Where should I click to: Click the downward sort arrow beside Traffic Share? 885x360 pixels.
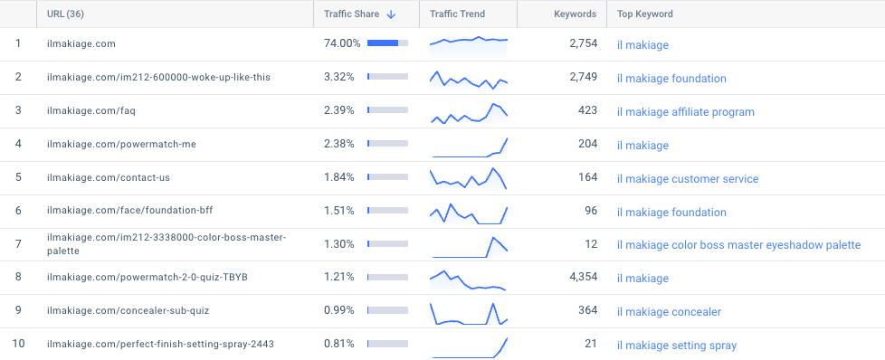tap(391, 14)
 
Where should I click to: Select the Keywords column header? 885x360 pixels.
tap(575, 14)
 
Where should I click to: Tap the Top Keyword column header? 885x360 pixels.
tap(644, 14)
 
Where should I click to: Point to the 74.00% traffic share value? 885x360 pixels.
tap(342, 43)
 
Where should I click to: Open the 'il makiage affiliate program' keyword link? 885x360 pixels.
tap(685, 112)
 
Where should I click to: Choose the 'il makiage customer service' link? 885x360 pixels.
tap(687, 179)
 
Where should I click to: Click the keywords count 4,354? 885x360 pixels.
tap(583, 278)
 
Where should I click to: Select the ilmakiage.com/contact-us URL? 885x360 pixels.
tap(108, 178)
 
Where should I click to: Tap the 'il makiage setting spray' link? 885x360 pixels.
tap(676, 346)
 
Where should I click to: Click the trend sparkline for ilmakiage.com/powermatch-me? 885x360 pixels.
tap(469, 146)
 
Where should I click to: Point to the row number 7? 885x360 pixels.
tap(18, 245)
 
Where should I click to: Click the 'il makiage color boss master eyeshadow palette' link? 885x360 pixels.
tap(738, 245)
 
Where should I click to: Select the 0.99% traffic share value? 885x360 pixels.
tap(339, 311)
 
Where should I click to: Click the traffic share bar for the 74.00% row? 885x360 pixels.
tap(387, 43)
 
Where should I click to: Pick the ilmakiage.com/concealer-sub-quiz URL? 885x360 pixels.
tap(128, 311)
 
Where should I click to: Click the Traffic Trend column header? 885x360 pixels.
tap(457, 14)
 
